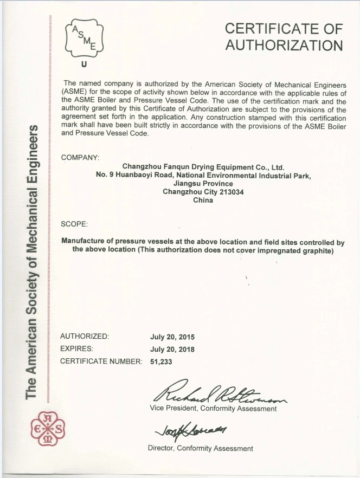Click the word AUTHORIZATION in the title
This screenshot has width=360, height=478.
click(284, 46)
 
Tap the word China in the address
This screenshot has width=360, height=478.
click(203, 200)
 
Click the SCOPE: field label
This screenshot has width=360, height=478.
click(74, 224)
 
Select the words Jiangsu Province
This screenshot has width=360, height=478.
click(203, 184)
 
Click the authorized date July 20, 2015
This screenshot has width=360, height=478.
click(172, 337)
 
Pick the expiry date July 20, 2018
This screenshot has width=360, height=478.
click(172, 349)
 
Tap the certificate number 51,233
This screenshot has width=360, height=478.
click(161, 361)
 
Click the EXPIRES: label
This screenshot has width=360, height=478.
click(76, 349)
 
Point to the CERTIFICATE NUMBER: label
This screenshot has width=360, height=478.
click(101, 361)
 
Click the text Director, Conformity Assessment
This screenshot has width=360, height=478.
click(200, 448)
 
